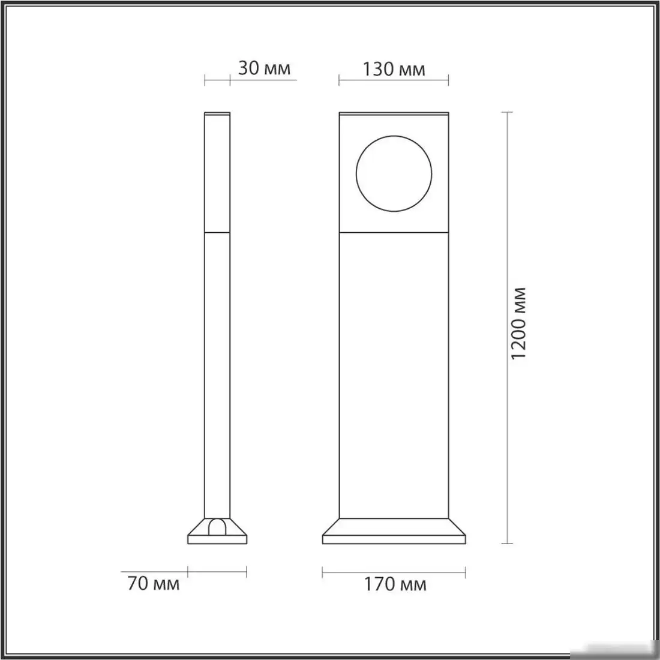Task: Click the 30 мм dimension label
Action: (264, 68)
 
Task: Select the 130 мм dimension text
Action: (394, 70)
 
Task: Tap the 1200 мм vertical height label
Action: (520, 323)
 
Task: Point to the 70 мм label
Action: (154, 583)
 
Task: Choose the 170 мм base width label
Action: (395, 584)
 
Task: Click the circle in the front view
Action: (394, 172)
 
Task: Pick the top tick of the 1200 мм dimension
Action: (509, 112)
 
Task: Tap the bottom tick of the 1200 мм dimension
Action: (509, 544)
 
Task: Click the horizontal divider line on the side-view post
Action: (217, 232)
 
